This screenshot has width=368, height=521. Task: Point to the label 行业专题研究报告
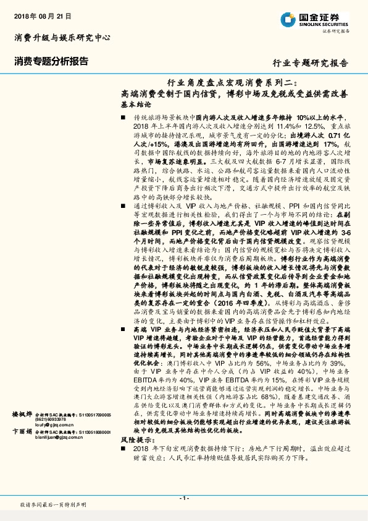tap(311, 63)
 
